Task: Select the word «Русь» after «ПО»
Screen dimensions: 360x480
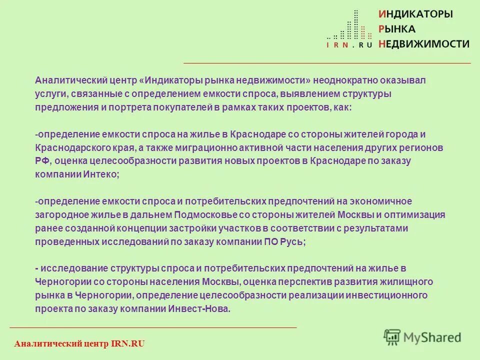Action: pyautogui.click(x=292, y=241)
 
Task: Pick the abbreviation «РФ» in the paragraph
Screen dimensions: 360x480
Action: pyautogui.click(x=41, y=161)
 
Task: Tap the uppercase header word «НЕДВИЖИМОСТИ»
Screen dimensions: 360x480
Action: pyautogui.click(x=424, y=44)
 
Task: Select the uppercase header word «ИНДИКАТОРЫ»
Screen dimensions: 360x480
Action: pyautogui.click(x=415, y=14)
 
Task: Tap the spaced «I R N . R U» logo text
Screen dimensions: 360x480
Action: pyautogui.click(x=349, y=45)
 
